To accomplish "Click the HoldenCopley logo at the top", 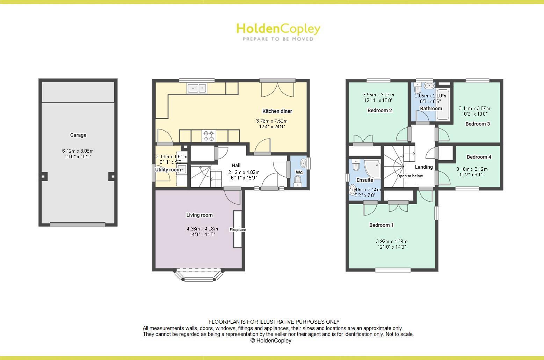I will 278,31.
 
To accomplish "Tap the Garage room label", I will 78,135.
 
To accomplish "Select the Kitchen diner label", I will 277,111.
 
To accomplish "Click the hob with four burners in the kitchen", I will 209,136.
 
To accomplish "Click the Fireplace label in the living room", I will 238,230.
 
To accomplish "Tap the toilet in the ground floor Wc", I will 298,180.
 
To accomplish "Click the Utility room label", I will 168,170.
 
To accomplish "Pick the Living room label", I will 200,215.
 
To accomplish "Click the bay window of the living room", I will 198,275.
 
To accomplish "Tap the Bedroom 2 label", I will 380,110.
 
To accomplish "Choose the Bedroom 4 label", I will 479,157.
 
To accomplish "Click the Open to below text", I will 410,176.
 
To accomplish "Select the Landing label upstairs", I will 424,167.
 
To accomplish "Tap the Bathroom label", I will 431,108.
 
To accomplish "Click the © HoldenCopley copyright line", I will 271,340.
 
